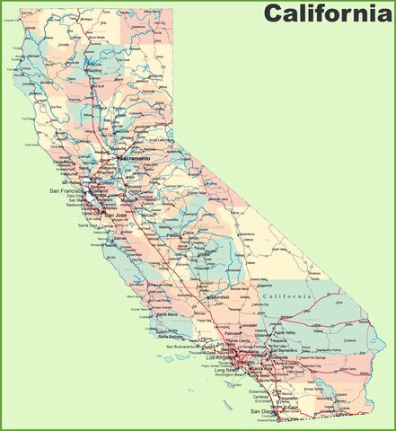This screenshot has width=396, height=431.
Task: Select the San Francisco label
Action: [66, 190]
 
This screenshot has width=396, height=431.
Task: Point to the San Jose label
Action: [115, 215]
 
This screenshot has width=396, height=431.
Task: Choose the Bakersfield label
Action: [218, 296]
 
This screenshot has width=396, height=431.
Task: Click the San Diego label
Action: [262, 411]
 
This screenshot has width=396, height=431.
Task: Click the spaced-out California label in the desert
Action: [287, 295]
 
